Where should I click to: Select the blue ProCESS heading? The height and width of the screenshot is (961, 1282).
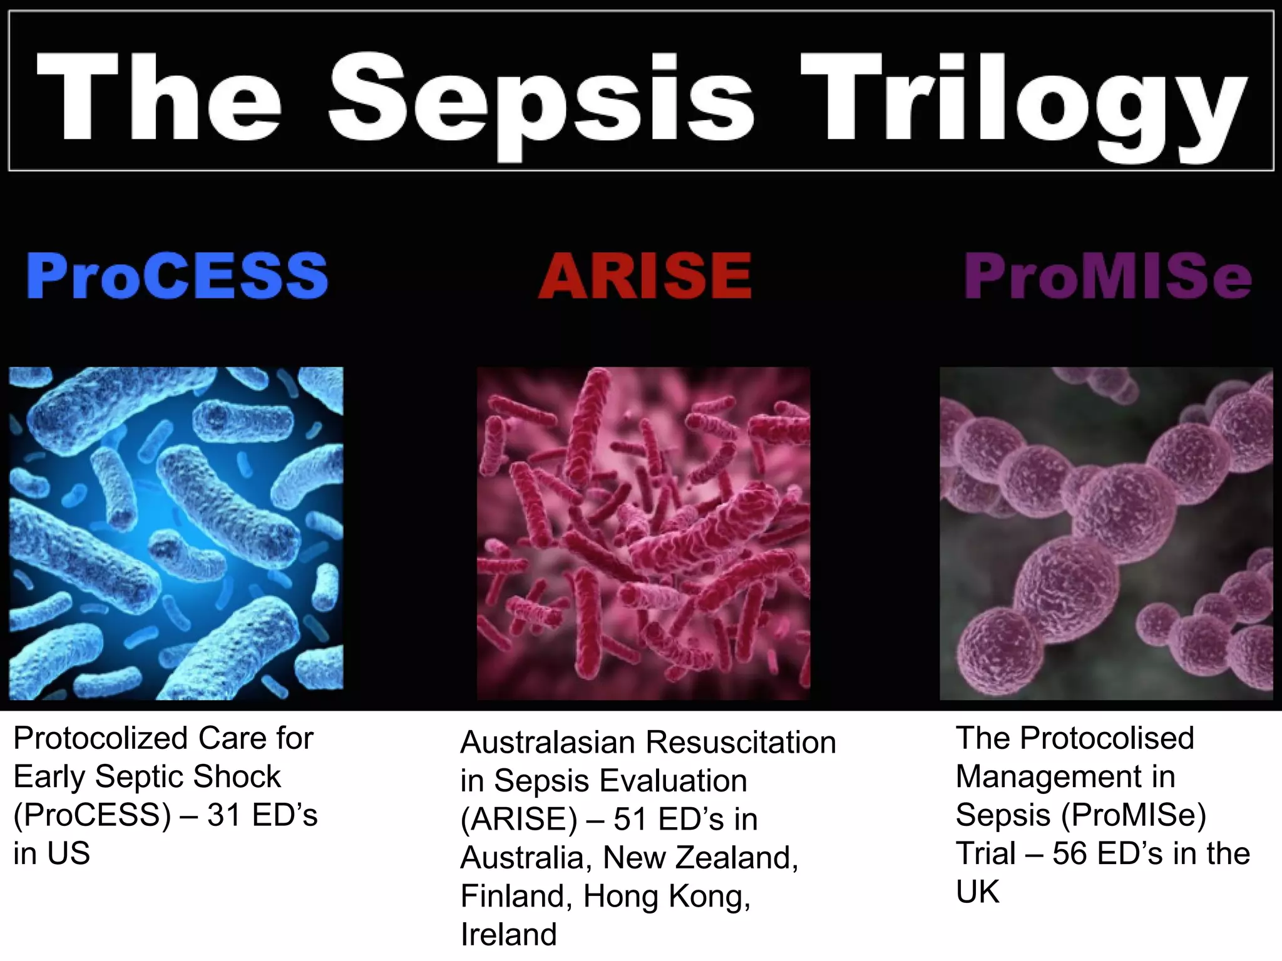(177, 276)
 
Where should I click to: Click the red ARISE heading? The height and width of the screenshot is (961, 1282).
(645, 276)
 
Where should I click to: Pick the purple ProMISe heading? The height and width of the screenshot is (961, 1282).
(1108, 276)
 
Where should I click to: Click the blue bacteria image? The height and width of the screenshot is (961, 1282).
(176, 533)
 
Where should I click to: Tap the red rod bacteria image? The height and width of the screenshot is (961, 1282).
(644, 533)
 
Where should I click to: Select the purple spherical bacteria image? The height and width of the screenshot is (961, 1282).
(1106, 533)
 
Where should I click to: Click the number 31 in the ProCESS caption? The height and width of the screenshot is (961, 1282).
(225, 815)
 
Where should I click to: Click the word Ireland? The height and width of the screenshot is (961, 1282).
(508, 935)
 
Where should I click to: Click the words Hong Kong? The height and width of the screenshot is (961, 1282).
(667, 897)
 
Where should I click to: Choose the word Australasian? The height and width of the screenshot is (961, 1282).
(548, 743)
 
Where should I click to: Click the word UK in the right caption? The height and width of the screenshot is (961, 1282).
(977, 892)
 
